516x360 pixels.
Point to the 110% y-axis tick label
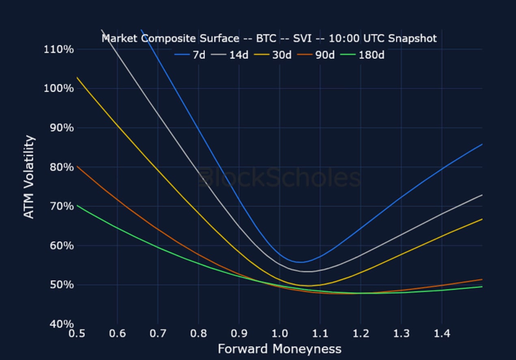tap(58, 50)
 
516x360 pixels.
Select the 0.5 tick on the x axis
tap(77, 334)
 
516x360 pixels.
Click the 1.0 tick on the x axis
tap(279, 334)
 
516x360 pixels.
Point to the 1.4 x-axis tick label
tap(442, 334)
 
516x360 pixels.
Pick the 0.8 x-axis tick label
tap(198, 334)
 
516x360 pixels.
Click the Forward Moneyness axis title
tap(279, 349)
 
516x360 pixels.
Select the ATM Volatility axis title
tap(29, 177)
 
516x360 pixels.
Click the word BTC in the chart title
tap(267, 39)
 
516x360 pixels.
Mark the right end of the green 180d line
tap(482, 287)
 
